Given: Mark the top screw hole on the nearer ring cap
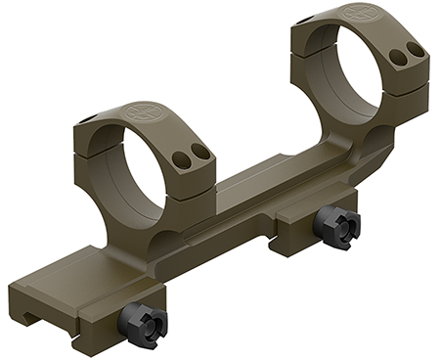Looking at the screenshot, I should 85,119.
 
